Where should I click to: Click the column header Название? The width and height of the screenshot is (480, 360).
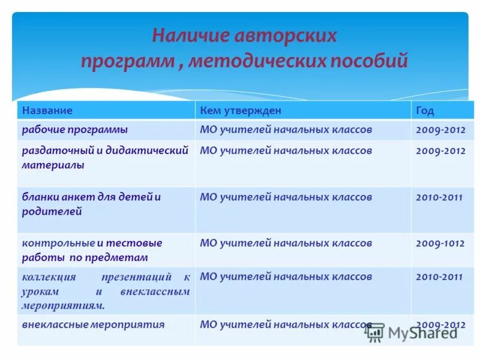(47, 110)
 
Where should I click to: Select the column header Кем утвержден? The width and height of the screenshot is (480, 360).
(240, 110)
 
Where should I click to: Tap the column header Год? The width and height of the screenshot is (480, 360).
(424, 110)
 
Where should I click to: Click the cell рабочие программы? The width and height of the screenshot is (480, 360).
(75, 129)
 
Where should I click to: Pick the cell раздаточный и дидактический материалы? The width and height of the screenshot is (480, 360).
(106, 157)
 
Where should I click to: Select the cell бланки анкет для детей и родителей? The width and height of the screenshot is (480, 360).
(91, 204)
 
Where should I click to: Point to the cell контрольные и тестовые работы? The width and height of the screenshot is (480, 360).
(92, 250)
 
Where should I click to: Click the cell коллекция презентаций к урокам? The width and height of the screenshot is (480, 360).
(106, 290)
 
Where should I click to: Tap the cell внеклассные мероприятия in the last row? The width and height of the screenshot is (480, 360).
(93, 325)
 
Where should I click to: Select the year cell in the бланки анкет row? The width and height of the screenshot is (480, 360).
(439, 197)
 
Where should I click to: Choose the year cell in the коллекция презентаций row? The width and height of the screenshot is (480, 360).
(439, 277)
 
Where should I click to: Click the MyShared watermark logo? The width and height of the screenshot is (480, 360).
(412, 332)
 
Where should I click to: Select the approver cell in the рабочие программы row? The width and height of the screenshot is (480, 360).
(286, 129)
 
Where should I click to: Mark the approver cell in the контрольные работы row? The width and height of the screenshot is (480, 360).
(286, 243)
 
